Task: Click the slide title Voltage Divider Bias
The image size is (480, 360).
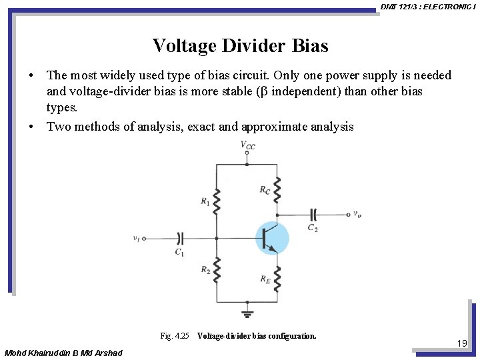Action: point(240,46)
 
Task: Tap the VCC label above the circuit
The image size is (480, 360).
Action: point(247,145)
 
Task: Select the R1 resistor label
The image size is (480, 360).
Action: point(205,201)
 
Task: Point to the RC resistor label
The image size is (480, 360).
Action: point(265,190)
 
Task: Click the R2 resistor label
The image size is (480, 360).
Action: point(205,269)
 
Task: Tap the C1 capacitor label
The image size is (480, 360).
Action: point(179,252)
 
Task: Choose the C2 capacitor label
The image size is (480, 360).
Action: point(313,227)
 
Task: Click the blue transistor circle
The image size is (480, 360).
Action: point(272,238)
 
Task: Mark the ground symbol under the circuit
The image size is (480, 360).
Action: point(247,314)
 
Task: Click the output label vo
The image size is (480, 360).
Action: point(357,214)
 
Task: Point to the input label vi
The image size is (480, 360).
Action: point(136,237)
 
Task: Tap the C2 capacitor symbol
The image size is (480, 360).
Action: point(313,214)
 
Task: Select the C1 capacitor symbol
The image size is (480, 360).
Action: point(179,237)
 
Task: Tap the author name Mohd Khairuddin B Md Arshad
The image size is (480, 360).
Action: point(63,352)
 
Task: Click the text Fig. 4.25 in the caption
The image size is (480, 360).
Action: point(175,336)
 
